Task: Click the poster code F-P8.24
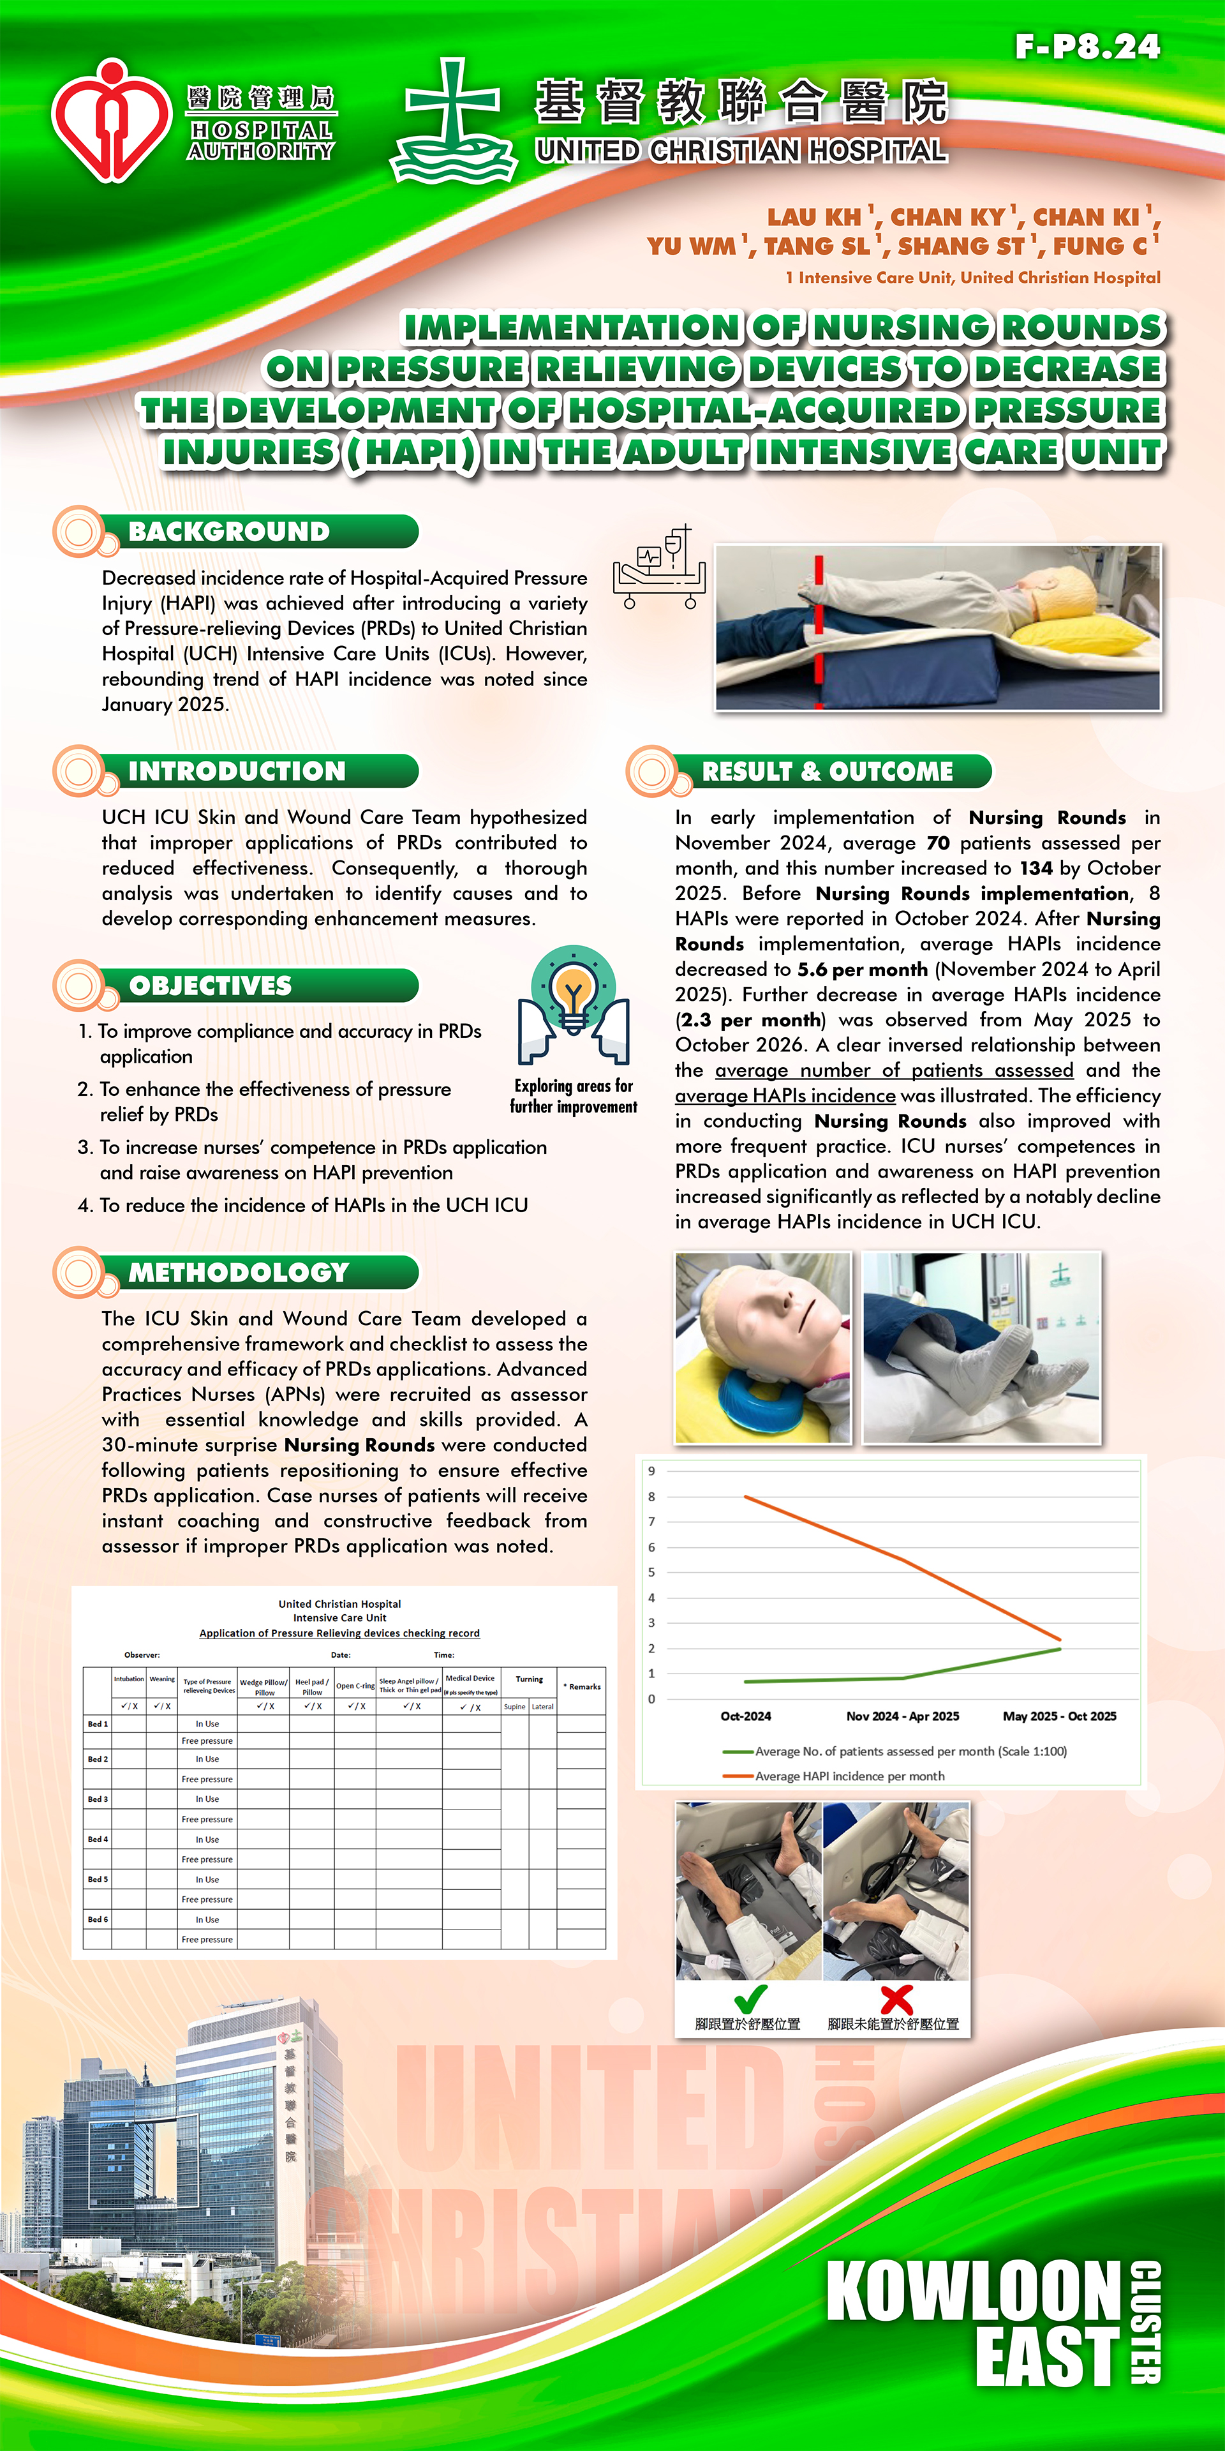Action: point(1087,47)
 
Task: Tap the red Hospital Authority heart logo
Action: point(111,121)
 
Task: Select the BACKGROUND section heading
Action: point(229,532)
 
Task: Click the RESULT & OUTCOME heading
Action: point(826,770)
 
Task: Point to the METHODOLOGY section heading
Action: point(239,1272)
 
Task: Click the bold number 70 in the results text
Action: point(938,843)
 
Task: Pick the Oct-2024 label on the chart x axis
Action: point(746,1716)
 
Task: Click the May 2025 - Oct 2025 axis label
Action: point(1060,1716)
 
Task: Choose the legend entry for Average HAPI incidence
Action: point(849,1776)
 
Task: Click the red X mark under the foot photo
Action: point(896,1999)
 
